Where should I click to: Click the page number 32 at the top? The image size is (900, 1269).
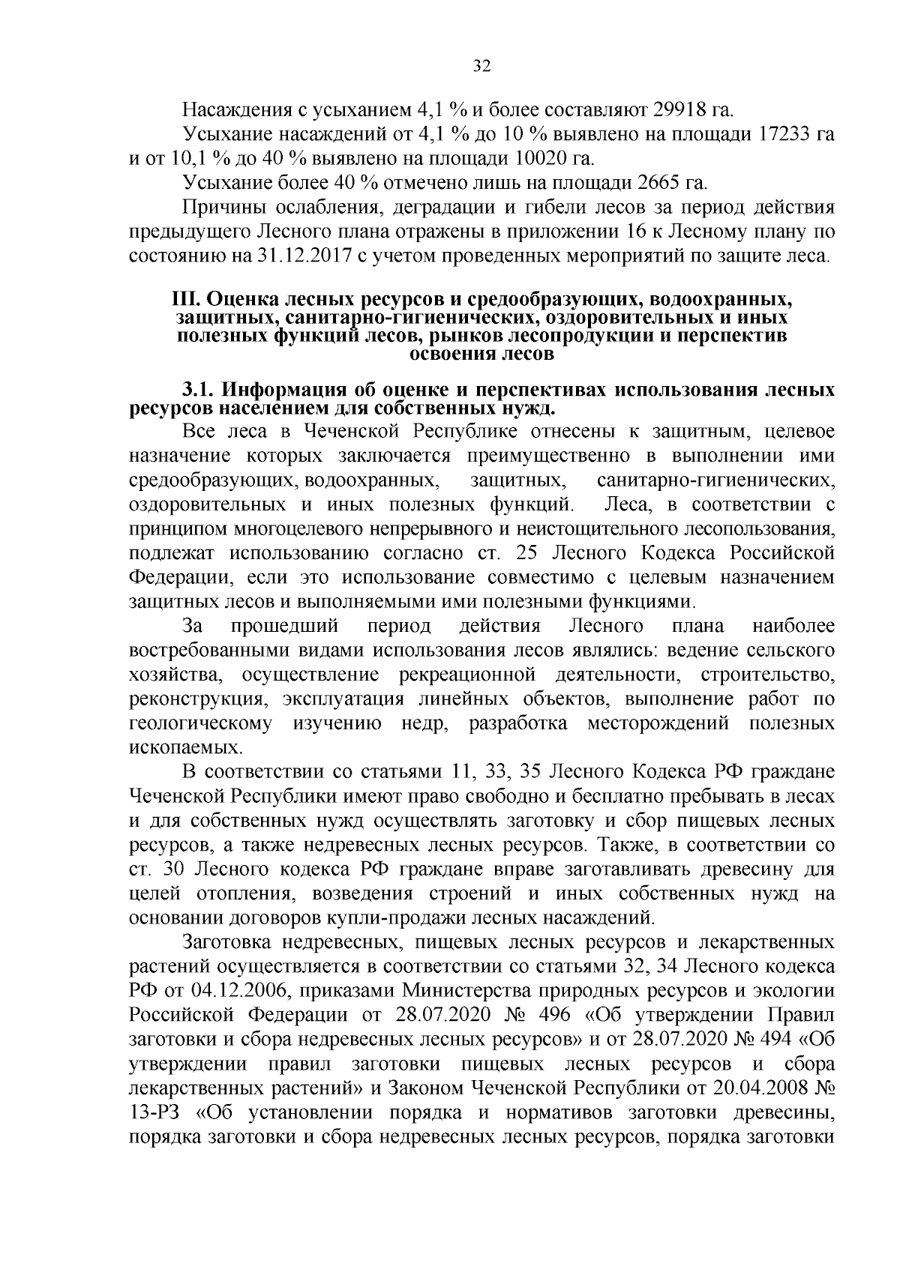point(481,67)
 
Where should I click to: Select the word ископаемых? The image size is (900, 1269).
point(176,748)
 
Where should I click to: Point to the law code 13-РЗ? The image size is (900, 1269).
point(157,1112)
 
